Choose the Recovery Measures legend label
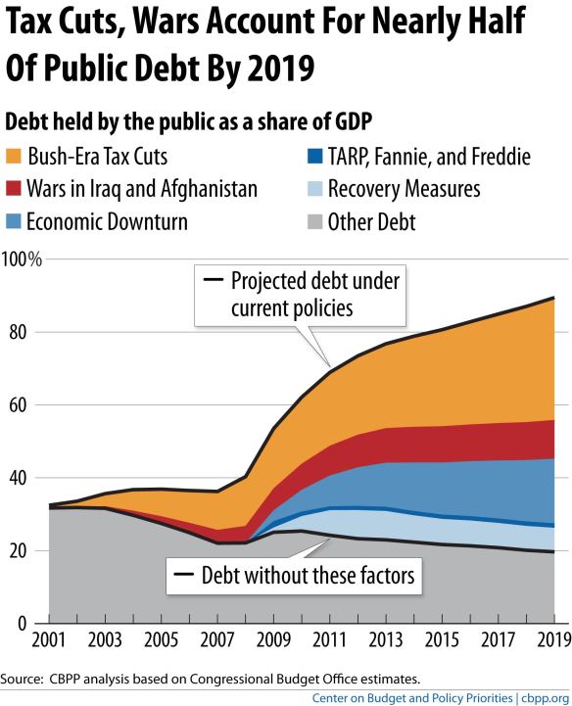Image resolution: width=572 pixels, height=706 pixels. pyautogui.click(x=405, y=189)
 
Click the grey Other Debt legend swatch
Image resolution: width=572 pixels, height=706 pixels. pyautogui.click(x=309, y=221)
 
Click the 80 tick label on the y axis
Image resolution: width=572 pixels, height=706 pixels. pyautogui.click(x=15, y=333)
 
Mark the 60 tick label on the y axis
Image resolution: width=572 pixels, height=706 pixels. pyautogui.click(x=15, y=405)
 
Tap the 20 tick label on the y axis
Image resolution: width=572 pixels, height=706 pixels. pyautogui.click(x=15, y=550)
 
